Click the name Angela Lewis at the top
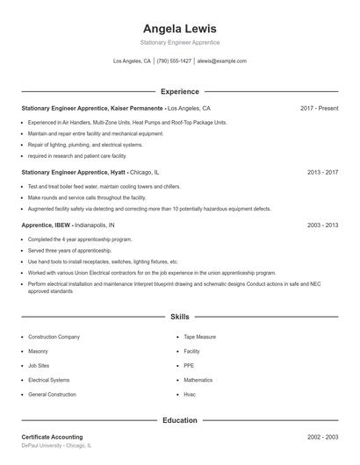click(x=179, y=28)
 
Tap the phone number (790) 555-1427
click(x=174, y=61)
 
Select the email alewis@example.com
click(x=221, y=61)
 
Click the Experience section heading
click(x=179, y=91)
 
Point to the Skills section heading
click(x=179, y=316)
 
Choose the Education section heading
click(x=179, y=420)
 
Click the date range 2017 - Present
click(x=319, y=108)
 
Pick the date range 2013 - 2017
click(x=322, y=172)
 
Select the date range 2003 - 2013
click(x=322, y=225)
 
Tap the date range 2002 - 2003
click(x=322, y=437)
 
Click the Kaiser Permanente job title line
click(x=115, y=108)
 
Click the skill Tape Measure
click(x=199, y=336)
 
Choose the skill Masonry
click(x=39, y=351)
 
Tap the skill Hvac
click(x=190, y=395)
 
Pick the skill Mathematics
click(x=198, y=380)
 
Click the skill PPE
click(x=189, y=365)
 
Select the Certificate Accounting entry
click(x=52, y=437)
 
